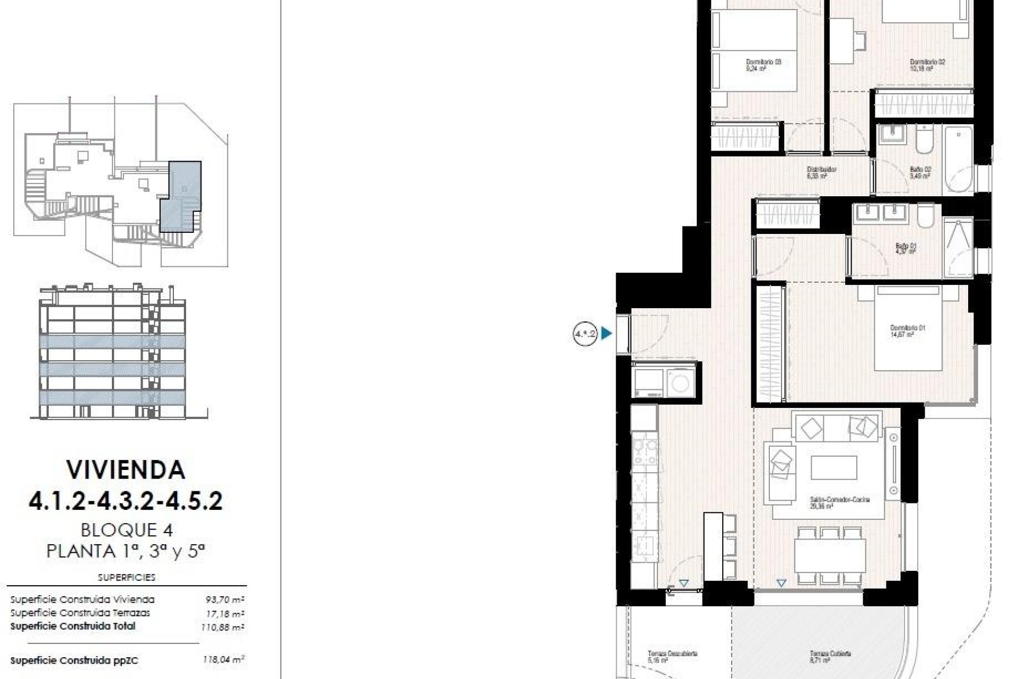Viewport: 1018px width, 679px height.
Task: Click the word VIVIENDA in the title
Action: click(126, 469)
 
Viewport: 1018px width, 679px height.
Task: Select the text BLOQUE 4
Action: click(127, 529)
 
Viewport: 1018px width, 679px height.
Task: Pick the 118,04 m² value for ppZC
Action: click(223, 660)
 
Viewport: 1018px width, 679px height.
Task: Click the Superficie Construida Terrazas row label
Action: click(80, 613)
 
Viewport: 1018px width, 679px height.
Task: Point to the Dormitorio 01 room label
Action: click(907, 331)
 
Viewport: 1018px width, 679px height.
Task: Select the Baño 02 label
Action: click(920, 172)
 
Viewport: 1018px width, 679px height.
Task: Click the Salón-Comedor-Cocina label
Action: click(839, 502)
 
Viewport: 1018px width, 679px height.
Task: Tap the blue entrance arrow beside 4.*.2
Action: click(607, 334)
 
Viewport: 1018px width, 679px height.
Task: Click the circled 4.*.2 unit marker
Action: click(585, 334)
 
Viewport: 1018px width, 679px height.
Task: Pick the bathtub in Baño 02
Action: click(958, 159)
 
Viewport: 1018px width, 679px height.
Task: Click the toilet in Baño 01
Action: click(926, 216)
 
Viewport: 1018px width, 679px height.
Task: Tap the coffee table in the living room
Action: click(833, 467)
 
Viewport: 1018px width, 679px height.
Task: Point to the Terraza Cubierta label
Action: click(830, 657)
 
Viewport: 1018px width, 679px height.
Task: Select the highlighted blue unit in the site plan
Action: click(180, 196)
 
